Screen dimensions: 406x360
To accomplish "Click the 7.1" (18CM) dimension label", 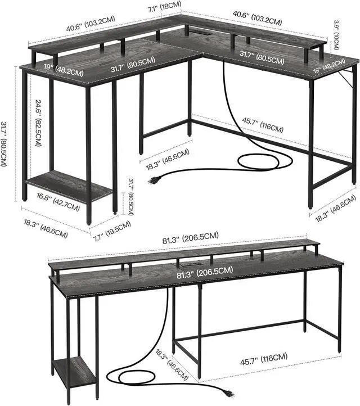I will [164, 7].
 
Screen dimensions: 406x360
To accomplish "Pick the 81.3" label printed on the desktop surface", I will [196, 271].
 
